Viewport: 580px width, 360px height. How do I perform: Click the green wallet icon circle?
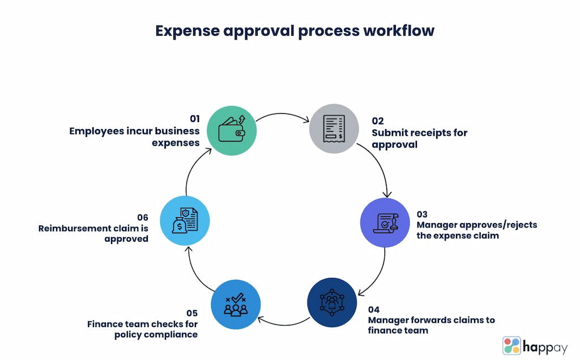232,130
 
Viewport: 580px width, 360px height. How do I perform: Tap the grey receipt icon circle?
334,128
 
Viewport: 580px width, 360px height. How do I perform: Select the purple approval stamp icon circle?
385,222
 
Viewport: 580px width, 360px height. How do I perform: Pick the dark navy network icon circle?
332,302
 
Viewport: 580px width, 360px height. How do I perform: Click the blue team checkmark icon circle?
236,305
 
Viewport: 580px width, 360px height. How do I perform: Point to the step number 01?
195,119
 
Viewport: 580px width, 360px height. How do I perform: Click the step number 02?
378,121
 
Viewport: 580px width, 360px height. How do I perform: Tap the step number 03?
422,214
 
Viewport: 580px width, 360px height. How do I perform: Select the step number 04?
374,310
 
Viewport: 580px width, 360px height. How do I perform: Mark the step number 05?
192,313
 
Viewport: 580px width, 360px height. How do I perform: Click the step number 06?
143,217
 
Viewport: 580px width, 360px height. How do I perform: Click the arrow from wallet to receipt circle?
282,114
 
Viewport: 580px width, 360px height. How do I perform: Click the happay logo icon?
511,346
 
